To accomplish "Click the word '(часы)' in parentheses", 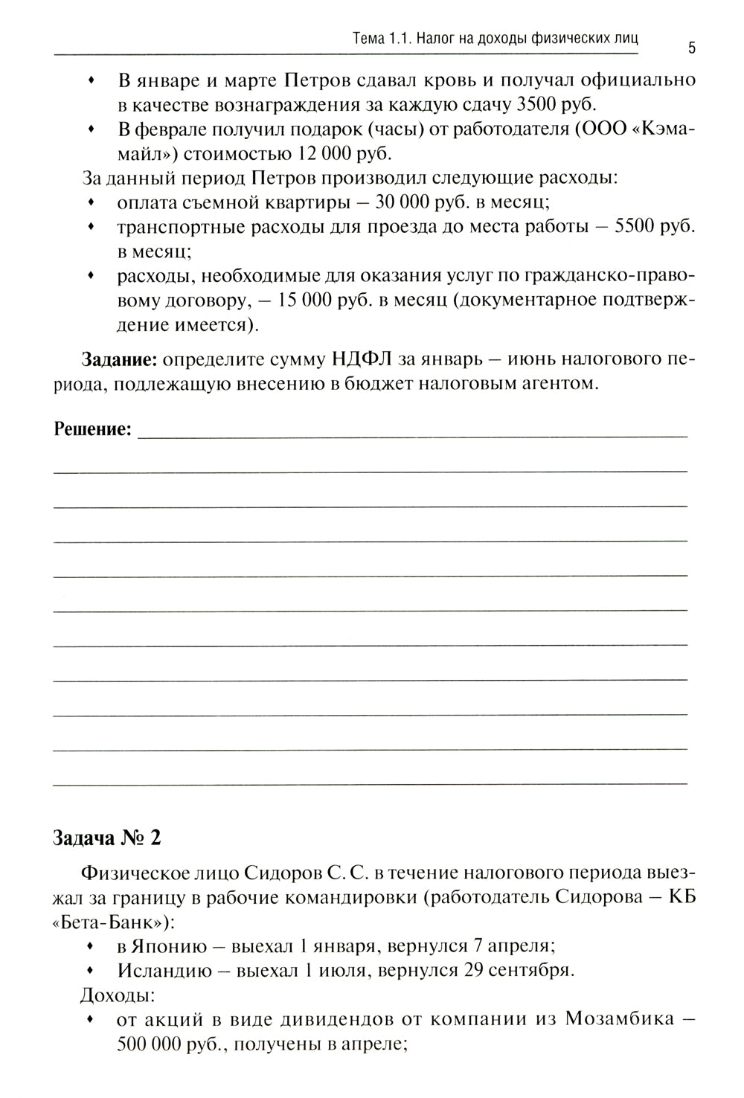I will pyautogui.click(x=408, y=129).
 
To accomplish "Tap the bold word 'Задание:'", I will pyautogui.click(x=119, y=359).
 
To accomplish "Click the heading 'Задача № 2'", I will pyautogui.click(x=106, y=837).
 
